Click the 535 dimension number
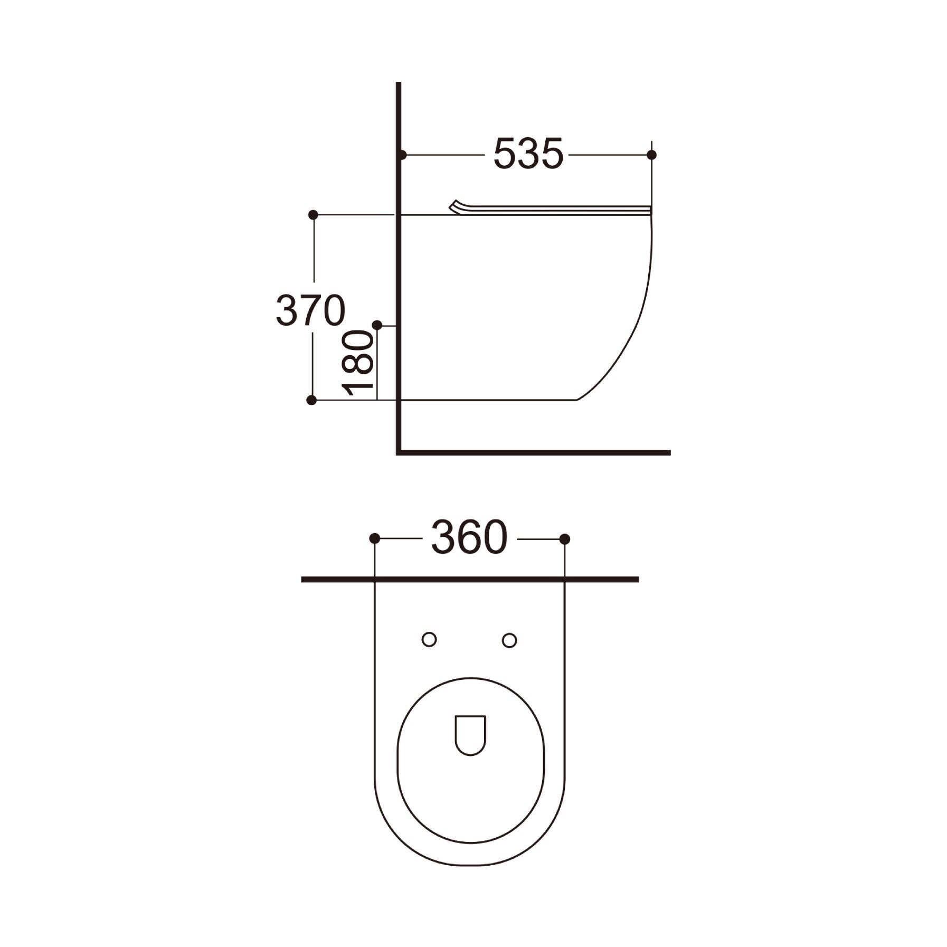pos(528,155)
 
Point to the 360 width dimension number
pos(469,539)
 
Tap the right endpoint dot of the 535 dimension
pos(651,155)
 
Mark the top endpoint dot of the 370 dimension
pos(313,215)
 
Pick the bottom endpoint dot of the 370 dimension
pos(312,400)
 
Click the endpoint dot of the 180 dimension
pos(377,325)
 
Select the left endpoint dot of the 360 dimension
pos(374,539)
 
